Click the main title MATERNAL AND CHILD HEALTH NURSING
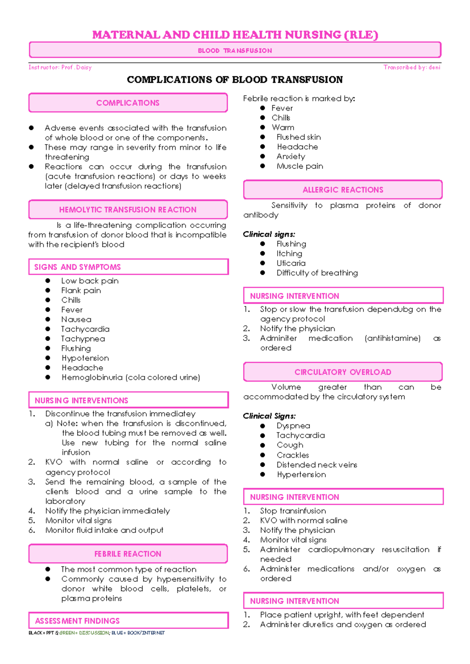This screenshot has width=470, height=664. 235,35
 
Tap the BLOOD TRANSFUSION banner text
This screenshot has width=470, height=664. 235,51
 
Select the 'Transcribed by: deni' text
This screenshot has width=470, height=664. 412,67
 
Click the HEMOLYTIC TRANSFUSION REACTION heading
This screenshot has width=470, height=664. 128,210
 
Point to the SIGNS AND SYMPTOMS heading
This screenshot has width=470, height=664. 78,267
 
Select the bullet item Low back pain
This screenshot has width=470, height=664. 90,281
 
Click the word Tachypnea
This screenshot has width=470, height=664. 83,339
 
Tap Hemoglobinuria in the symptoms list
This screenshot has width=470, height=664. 92,377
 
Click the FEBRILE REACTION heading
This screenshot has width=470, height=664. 128,554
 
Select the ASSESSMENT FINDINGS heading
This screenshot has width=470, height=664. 78,621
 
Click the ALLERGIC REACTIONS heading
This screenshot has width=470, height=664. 343,190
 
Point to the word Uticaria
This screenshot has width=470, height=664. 291,263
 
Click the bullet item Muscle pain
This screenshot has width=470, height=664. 300,166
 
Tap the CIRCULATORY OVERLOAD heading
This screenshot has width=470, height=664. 343,372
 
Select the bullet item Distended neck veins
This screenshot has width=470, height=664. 317,465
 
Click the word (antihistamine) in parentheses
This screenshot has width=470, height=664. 392,338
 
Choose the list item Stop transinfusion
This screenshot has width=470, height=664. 293,511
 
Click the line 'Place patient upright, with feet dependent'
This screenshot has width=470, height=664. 342,615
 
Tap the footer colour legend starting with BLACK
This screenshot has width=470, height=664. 97,633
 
